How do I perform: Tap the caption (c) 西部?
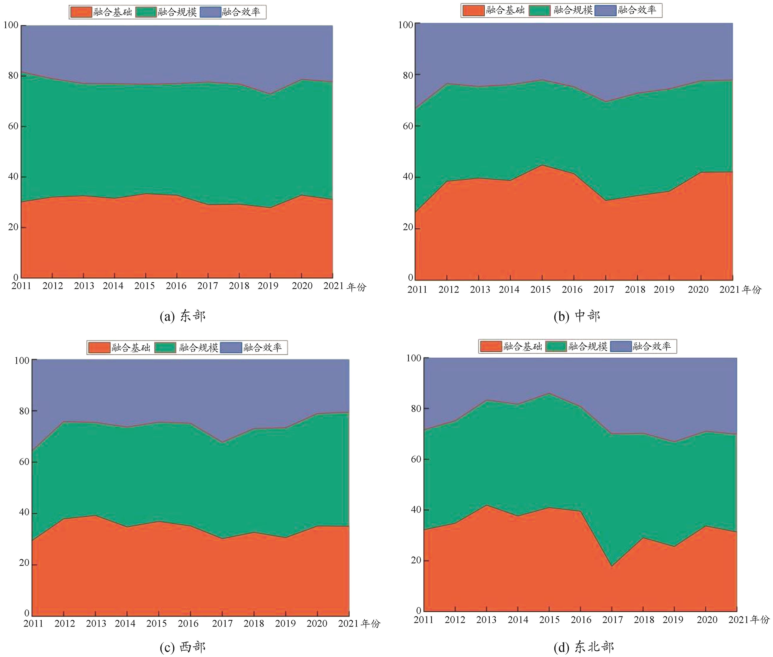tap(183, 647)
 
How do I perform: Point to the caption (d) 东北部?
tap(584, 647)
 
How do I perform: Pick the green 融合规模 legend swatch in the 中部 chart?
tap(539, 10)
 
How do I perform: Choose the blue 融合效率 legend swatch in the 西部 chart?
tap(231, 347)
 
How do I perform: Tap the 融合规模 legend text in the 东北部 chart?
tap(588, 346)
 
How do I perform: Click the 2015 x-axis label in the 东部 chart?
tap(145, 286)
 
